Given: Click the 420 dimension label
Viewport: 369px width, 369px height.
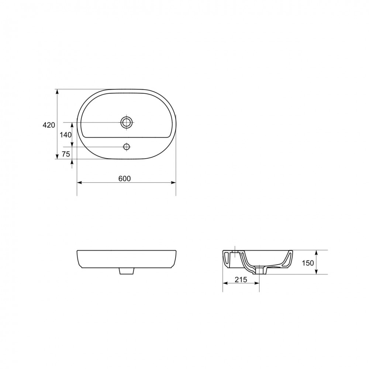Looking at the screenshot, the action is (x=49, y=125).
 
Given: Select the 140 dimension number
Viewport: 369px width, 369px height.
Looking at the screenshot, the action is (x=65, y=135).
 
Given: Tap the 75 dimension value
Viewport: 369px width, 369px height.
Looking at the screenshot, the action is (x=66, y=154).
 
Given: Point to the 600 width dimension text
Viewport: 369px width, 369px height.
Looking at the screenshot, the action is (x=124, y=179).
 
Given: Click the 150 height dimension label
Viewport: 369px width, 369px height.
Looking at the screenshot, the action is (x=308, y=263).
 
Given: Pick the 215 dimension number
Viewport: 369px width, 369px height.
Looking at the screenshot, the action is (x=241, y=279).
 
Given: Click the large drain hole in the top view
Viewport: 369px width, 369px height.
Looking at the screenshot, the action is (x=127, y=122).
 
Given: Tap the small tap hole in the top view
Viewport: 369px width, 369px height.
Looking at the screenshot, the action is (x=127, y=147).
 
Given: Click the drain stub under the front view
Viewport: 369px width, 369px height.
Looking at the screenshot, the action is (x=127, y=271).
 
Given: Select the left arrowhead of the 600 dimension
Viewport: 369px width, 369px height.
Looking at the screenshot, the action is (x=80, y=183).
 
